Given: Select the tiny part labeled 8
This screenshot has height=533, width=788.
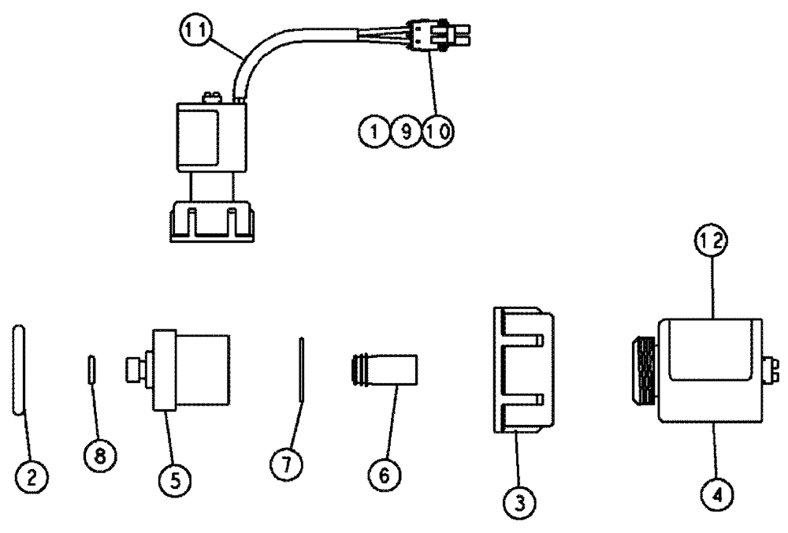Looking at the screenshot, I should [x=91, y=369].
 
